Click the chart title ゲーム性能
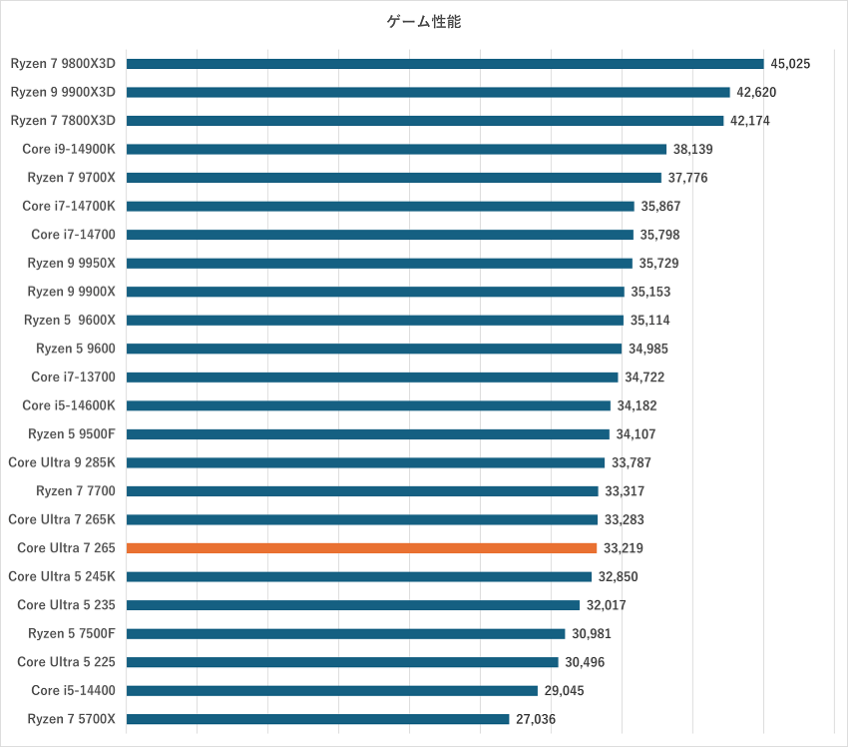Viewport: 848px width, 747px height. coord(424,21)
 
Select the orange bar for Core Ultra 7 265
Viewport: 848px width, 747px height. coord(361,548)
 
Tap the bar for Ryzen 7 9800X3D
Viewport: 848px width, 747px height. coord(445,64)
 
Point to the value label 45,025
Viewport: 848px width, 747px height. coord(790,64)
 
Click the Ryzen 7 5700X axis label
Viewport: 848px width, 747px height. coord(71,719)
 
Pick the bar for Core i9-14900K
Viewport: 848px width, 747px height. coord(396,150)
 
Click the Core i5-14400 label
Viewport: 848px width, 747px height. coord(73,690)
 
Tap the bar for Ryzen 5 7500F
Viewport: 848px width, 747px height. coord(345,633)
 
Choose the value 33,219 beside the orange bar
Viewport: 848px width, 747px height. coord(623,548)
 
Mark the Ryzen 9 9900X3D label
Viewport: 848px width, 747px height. coord(64,92)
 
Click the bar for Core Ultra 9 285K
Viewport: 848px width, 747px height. coord(365,462)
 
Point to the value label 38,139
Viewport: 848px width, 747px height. coord(692,150)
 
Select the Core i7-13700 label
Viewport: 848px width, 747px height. coord(73,377)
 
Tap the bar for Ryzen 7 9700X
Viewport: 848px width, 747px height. coord(393,178)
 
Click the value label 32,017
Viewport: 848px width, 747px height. coord(606,605)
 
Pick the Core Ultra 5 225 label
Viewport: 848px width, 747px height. coord(66,662)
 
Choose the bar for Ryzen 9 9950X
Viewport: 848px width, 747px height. coord(379,264)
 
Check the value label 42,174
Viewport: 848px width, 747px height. coord(749,121)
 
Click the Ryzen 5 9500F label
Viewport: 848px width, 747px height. coord(71,434)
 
